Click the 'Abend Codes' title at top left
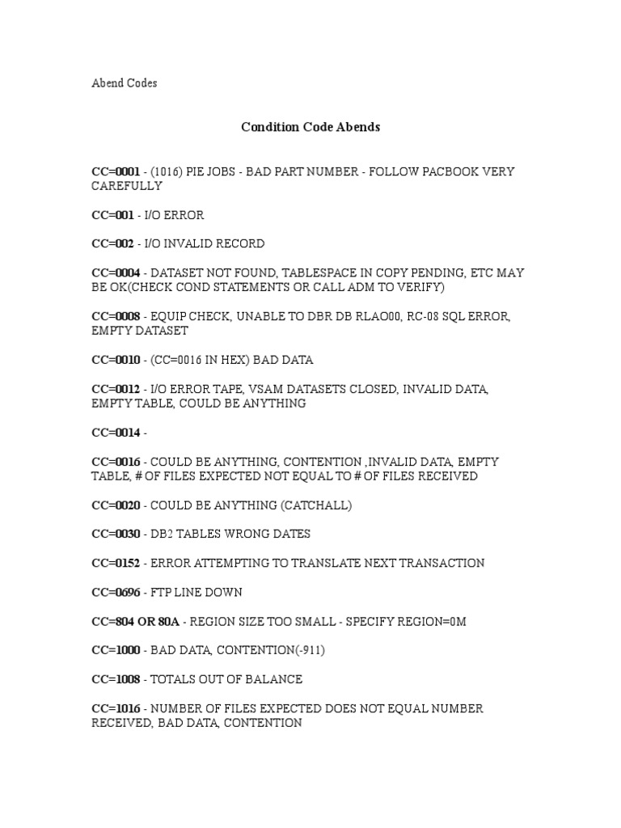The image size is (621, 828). [124, 83]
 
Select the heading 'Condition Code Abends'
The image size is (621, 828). [310, 127]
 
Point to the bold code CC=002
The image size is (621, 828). [112, 243]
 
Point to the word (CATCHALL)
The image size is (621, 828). [314, 505]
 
